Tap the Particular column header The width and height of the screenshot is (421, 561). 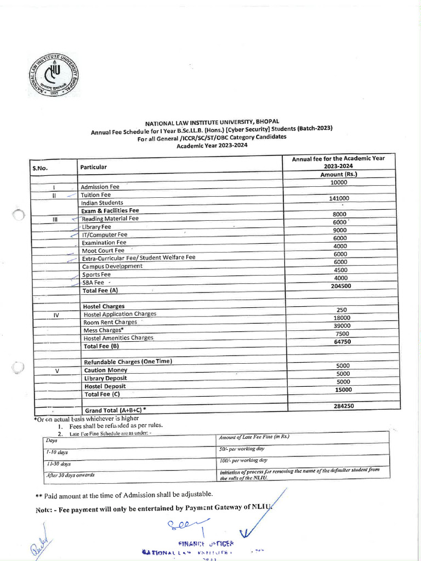pos(94,167)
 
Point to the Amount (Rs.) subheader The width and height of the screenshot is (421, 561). pos(338,174)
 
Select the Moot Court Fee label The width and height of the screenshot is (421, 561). pos(103,250)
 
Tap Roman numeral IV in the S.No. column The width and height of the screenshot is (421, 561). pos(56,315)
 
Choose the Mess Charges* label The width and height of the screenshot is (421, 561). pos(103,330)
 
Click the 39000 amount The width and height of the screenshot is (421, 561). pos(342,326)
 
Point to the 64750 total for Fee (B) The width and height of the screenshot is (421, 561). pos(342,342)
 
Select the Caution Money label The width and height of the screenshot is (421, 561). pos(106,370)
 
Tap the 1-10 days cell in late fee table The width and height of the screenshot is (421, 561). pos(57,452)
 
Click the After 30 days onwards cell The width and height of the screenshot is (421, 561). pos(71,475)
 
